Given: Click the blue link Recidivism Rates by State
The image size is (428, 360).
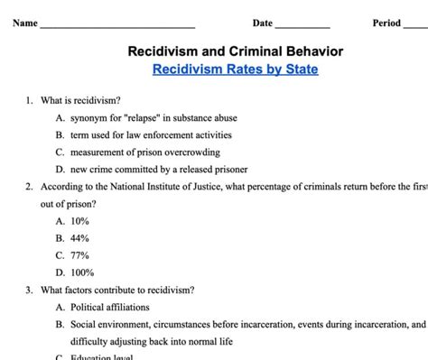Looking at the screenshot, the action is click(235, 69).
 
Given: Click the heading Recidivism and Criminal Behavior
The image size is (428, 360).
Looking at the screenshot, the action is click(235, 51).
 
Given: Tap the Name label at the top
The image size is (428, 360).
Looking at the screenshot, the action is click(24, 23).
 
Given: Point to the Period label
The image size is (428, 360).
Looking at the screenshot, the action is click(386, 23).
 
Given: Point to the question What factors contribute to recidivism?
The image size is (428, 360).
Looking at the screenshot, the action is click(116, 290).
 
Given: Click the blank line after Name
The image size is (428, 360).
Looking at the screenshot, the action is click(117, 24).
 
